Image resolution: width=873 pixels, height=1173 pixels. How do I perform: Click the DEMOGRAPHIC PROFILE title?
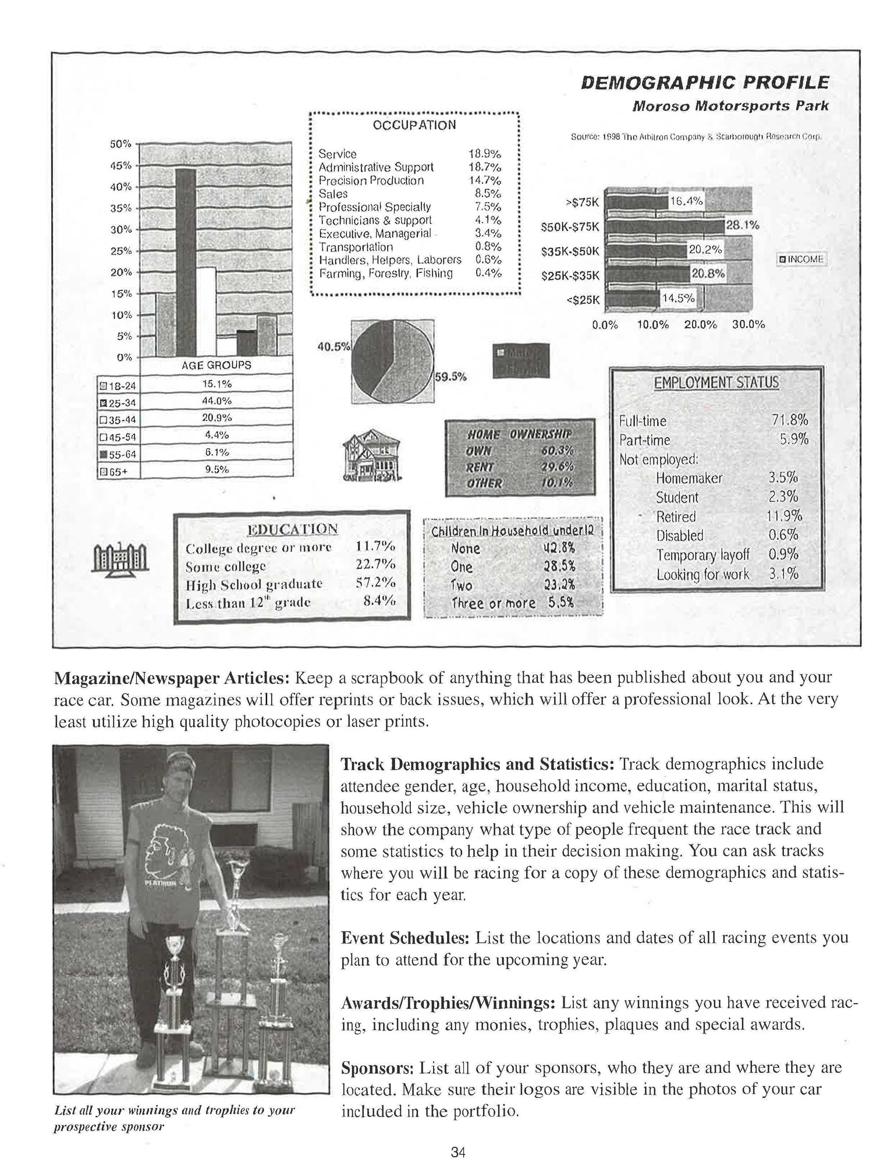pos(705,82)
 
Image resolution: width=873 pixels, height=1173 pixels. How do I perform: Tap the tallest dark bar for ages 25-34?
pos(186,262)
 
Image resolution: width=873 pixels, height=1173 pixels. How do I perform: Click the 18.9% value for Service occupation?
pos(485,154)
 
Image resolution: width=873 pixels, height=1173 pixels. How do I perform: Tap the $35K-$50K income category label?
pos(570,251)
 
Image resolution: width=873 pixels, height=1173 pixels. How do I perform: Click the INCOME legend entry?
pos(803,259)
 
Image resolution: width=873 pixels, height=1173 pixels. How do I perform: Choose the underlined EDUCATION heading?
pos(292,529)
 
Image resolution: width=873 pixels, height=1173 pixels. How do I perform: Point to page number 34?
pos(458,1151)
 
